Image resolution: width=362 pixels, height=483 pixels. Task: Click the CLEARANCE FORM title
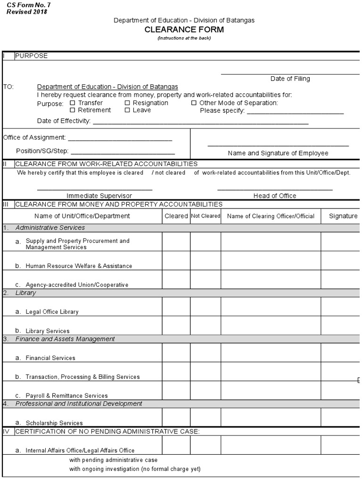[184, 30]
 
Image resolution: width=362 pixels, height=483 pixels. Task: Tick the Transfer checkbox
[73, 103]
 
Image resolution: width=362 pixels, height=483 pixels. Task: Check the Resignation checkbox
[127, 103]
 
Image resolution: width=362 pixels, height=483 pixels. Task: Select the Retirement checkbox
[73, 110]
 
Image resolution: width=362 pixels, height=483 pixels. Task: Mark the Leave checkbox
[127, 110]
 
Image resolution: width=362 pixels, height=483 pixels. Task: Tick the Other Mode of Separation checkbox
[194, 103]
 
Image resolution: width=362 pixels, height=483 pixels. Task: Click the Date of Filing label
[290, 79]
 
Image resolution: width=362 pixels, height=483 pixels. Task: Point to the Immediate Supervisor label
[99, 196]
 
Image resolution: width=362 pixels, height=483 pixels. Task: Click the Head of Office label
[275, 196]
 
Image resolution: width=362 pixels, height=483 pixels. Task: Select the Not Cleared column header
[206, 216]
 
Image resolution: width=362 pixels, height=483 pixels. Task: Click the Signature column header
[343, 216]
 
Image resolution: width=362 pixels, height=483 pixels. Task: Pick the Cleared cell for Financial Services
[176, 353]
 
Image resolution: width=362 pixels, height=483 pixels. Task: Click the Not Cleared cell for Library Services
[206, 325]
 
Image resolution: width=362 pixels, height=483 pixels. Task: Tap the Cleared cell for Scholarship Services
[176, 417]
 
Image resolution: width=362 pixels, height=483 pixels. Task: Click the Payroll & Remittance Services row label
[66, 396]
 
